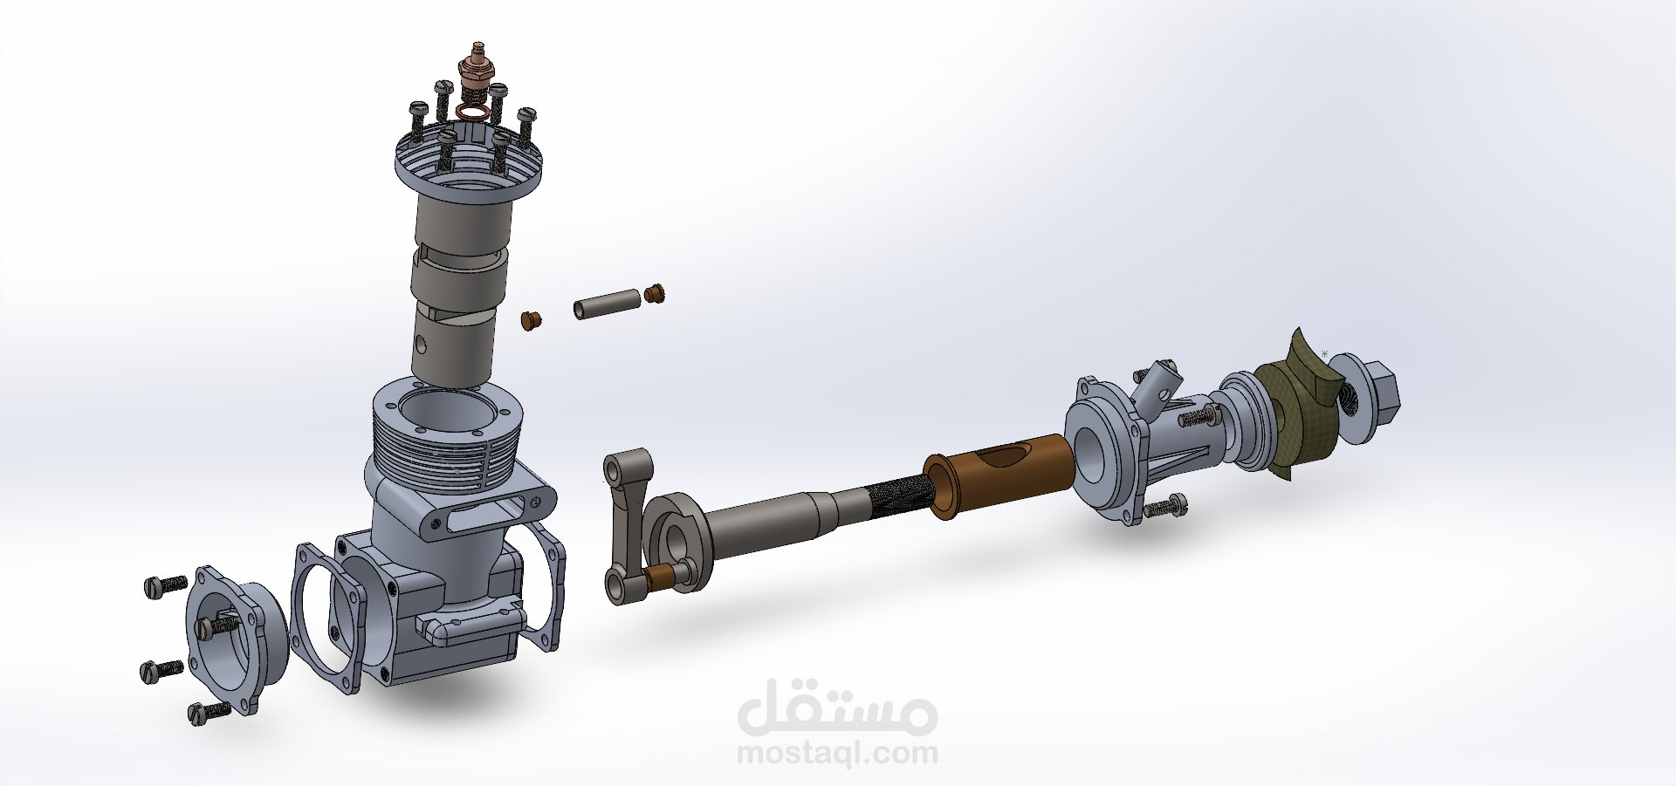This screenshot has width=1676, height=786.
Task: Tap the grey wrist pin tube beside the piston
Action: coord(605,302)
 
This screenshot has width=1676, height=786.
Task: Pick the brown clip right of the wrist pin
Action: coord(654,294)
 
